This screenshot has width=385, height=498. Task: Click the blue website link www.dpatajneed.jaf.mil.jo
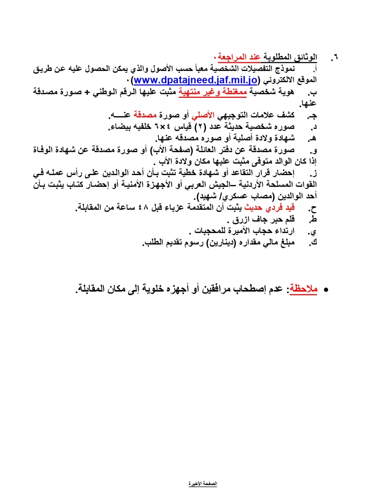point(196,80)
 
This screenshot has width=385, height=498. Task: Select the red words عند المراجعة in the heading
point(239,57)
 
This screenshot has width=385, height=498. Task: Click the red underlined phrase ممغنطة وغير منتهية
point(213,92)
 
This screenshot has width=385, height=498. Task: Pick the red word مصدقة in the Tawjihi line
point(145,115)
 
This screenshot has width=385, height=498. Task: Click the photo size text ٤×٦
point(162,127)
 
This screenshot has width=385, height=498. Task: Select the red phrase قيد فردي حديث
point(269,208)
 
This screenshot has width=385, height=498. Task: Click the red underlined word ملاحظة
point(304,289)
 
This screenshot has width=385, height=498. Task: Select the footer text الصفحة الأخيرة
point(203,483)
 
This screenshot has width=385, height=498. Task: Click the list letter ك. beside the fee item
point(313,243)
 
